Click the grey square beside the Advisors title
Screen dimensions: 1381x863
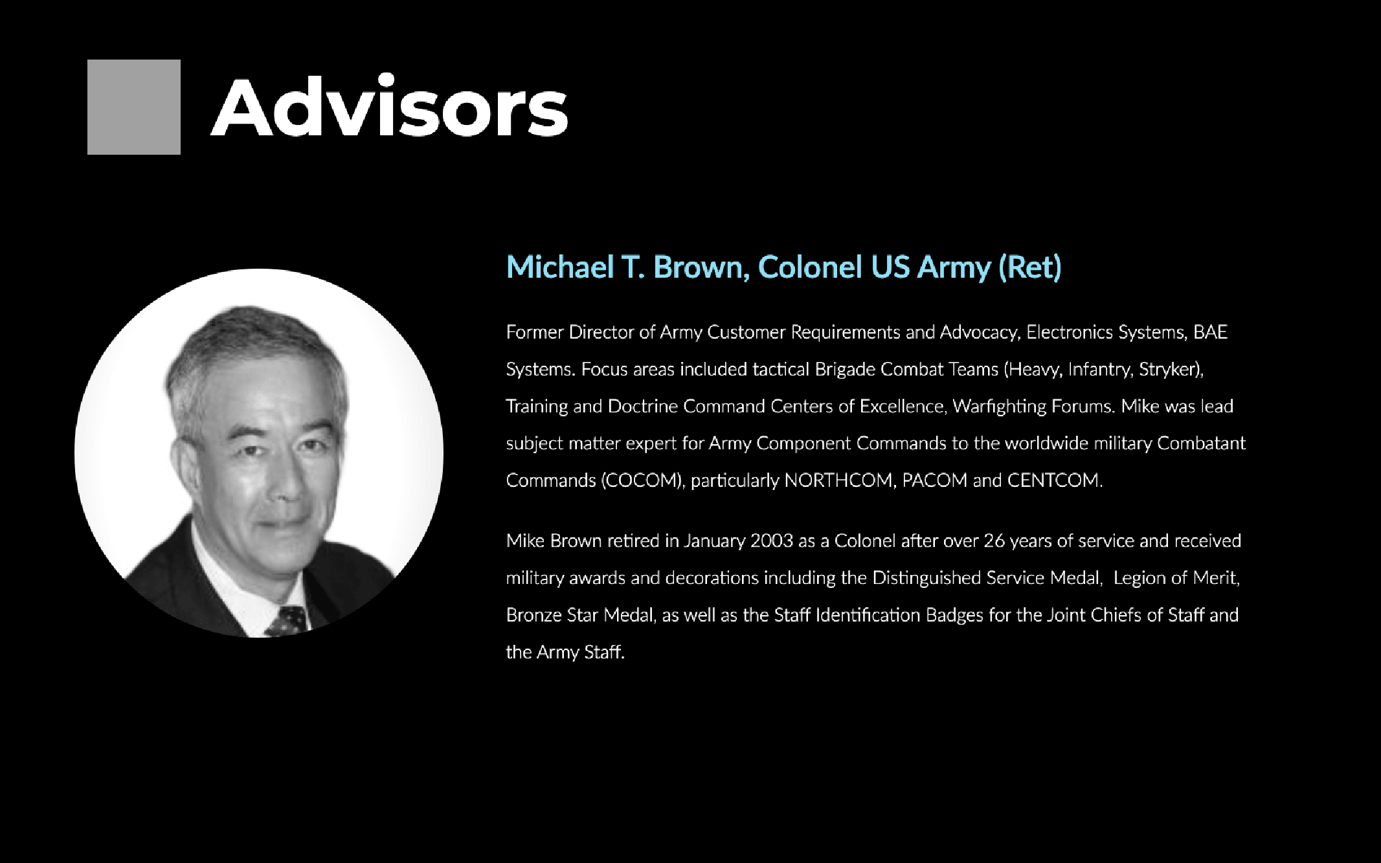pos(134,107)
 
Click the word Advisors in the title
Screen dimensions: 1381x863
pos(390,106)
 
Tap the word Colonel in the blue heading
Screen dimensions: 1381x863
pos(810,267)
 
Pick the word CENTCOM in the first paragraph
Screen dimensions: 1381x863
pos(1055,480)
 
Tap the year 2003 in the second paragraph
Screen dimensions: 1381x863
pos(772,541)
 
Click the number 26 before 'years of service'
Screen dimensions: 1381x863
pos(994,541)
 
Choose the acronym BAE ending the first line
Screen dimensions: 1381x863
pos(1211,332)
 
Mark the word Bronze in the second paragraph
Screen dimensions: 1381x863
pos(534,614)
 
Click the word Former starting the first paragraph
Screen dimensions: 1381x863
pos(535,332)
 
